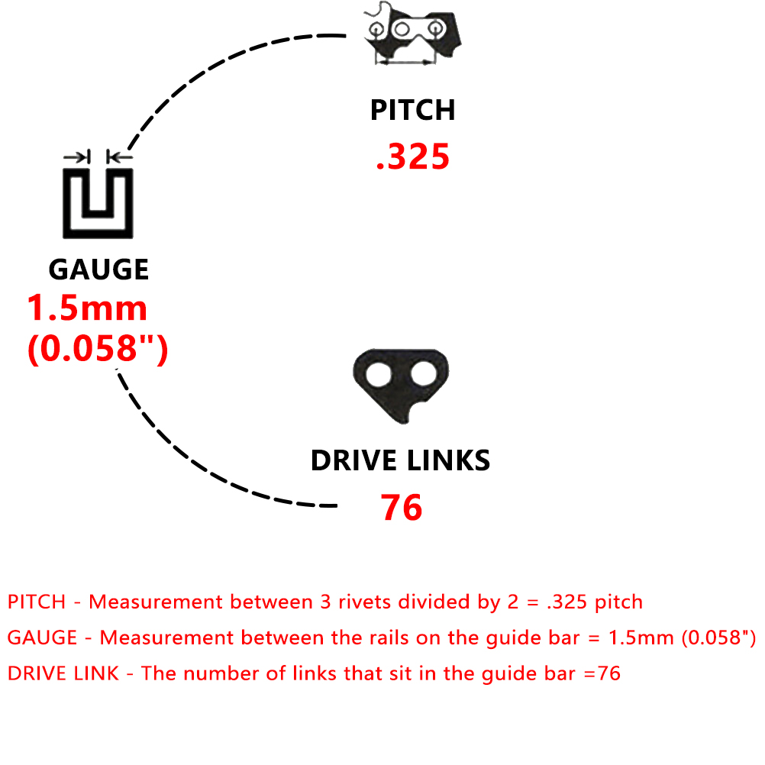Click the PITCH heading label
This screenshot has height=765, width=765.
pos(413,110)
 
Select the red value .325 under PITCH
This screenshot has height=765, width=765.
pos(413,157)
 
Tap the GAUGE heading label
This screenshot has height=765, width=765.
pos(98,270)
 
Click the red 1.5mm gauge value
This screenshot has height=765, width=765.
pos(87,308)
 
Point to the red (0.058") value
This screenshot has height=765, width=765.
pos(98,348)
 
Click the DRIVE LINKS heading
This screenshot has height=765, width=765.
pos(401,460)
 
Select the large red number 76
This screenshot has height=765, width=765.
pos(401,508)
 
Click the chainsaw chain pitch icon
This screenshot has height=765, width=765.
pos(413,33)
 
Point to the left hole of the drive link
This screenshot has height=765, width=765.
pos(379,375)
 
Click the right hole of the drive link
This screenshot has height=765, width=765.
pos(424,375)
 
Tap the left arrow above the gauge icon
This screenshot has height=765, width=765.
pos(77,157)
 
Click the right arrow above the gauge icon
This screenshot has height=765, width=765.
pos(120,157)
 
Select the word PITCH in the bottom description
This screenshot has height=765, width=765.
pos(37,602)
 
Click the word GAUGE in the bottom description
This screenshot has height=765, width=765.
pos(43,637)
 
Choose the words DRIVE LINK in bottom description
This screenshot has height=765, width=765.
pos(63,674)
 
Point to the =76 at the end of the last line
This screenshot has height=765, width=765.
pos(602,674)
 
